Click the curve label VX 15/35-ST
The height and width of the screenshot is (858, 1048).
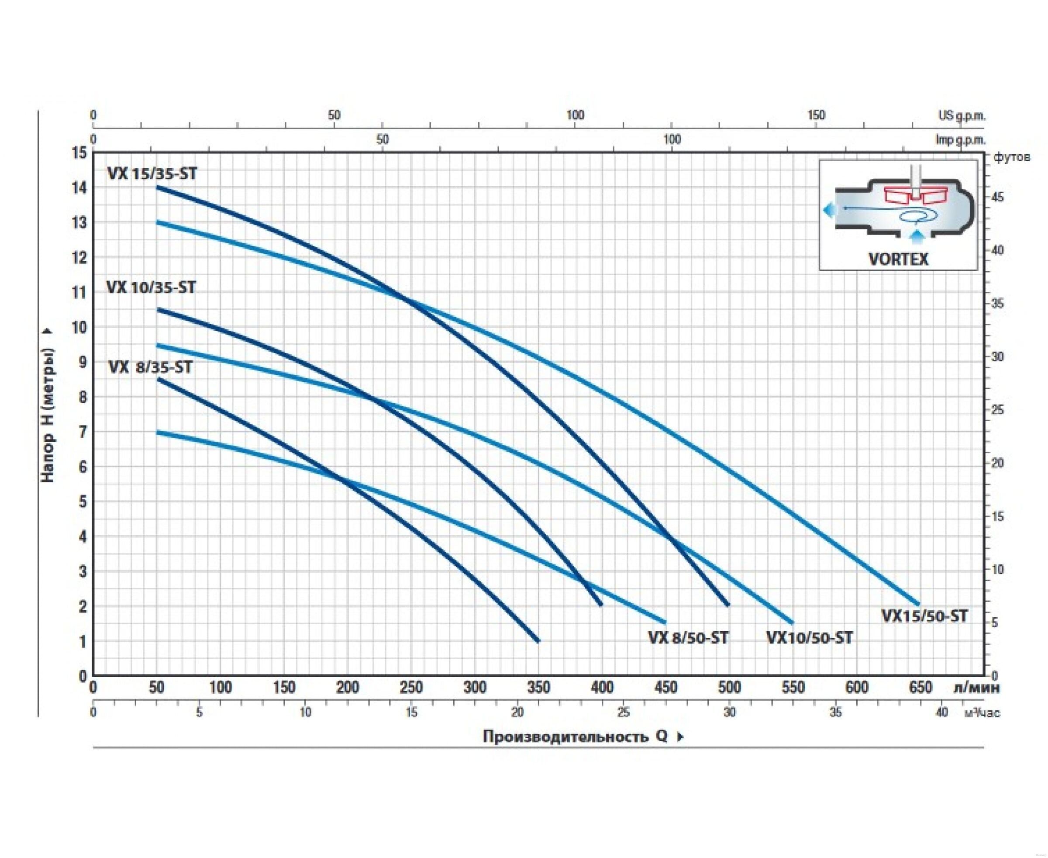tap(152, 173)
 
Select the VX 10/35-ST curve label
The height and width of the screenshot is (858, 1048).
tap(151, 287)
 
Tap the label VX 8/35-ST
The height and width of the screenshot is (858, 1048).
tap(150, 368)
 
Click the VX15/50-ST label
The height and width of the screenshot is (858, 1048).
tap(924, 616)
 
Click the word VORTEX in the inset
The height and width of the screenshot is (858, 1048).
tap(898, 259)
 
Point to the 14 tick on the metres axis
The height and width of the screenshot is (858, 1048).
tap(79, 188)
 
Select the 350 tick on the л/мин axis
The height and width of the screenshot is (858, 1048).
tap(538, 688)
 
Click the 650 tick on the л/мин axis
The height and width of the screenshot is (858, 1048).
tap(920, 688)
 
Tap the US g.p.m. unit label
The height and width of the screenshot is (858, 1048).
tap(962, 116)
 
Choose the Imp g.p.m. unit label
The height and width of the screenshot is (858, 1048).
tap(960, 140)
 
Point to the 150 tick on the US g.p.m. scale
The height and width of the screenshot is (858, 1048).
tap(816, 115)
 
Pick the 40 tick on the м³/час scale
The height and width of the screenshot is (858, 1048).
tap(942, 712)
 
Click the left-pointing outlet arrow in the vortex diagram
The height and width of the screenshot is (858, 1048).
tap(830, 210)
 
